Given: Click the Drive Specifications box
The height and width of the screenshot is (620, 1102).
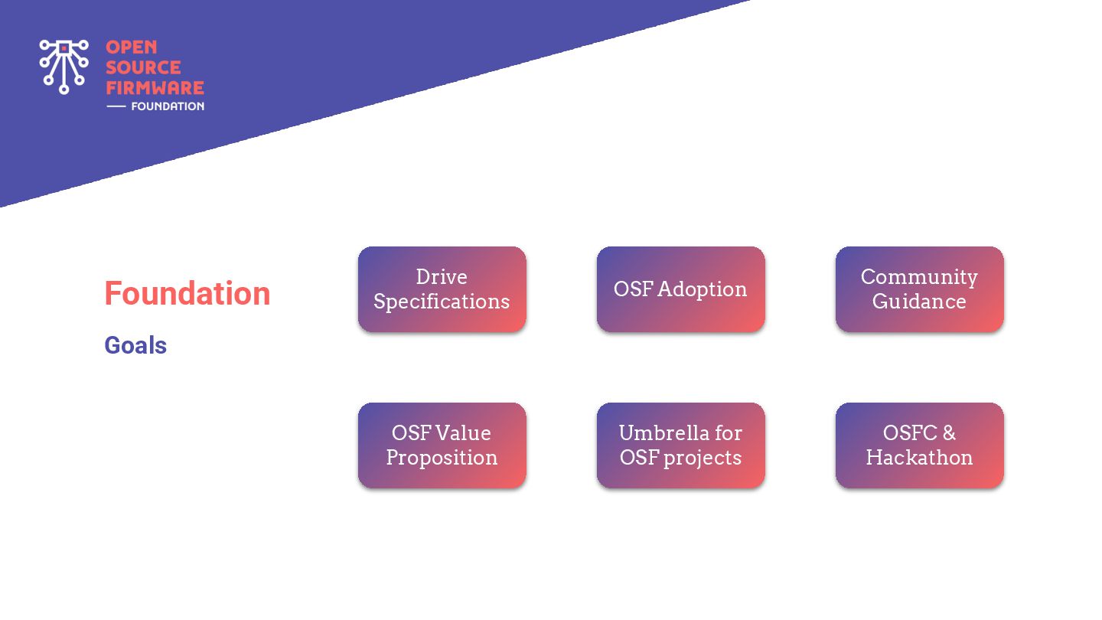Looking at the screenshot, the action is click(x=442, y=289).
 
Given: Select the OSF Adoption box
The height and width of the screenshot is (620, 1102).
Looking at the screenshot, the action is click(x=681, y=289).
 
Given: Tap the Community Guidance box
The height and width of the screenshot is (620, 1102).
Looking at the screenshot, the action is click(x=920, y=289).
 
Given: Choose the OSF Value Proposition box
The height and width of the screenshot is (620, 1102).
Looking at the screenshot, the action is click(x=442, y=445).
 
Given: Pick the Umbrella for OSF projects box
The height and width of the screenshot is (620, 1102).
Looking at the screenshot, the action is click(x=681, y=445).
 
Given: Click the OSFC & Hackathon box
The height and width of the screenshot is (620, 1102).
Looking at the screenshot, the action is click(x=920, y=445).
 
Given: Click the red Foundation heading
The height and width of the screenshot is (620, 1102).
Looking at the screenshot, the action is click(x=187, y=293).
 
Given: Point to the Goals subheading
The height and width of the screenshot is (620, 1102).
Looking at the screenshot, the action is click(x=135, y=345).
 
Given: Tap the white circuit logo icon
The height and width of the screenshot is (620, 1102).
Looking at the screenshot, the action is click(x=64, y=67).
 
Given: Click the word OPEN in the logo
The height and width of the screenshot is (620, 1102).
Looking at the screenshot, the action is click(x=132, y=47).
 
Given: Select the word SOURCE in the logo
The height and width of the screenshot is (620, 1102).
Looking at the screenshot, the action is click(x=143, y=67).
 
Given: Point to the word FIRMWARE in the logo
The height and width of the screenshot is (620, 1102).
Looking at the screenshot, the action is click(x=155, y=87).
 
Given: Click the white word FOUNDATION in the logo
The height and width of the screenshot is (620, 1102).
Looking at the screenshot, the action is click(x=168, y=106).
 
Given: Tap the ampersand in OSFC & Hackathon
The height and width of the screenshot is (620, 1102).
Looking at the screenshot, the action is click(x=950, y=433).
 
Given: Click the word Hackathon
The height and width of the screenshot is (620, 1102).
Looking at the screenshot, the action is click(x=920, y=458).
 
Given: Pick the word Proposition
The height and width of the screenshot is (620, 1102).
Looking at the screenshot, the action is click(x=442, y=458).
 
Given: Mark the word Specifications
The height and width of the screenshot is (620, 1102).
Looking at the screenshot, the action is click(x=442, y=302).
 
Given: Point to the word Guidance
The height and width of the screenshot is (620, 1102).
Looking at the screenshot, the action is click(x=920, y=301).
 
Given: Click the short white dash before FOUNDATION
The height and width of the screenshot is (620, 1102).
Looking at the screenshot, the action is click(x=116, y=106).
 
